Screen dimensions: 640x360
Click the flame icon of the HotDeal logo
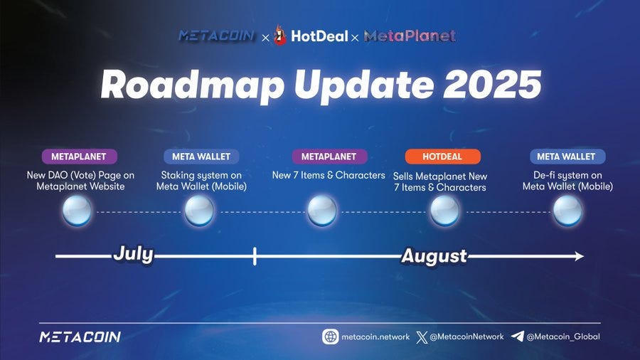[280, 36]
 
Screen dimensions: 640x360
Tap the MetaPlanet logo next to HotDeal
[410, 36]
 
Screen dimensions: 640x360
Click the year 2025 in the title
[492, 85]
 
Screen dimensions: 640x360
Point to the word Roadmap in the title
[192, 85]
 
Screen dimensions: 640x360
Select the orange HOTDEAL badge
[442, 157]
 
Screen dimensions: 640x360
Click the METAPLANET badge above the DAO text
[79, 157]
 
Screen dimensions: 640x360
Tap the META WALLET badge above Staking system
[201, 157]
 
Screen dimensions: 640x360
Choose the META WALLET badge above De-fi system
[567, 157]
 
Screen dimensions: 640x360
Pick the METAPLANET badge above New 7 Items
[329, 157]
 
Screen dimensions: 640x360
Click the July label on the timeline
[133, 254]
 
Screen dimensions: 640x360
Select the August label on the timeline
[434, 256]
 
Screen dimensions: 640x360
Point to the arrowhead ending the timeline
[579, 256]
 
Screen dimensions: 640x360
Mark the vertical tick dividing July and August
[255, 256]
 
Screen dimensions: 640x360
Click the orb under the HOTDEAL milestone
[444, 211]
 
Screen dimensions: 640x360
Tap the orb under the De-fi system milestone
[567, 211]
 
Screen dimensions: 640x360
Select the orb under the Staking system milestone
[199, 211]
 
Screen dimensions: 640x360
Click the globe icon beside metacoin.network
[330, 337]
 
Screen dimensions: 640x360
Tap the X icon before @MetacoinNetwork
[422, 337]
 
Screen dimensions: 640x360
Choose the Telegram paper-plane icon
[518, 337]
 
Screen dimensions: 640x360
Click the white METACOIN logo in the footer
[80, 337]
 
